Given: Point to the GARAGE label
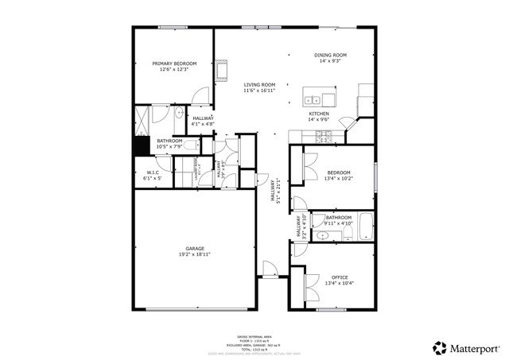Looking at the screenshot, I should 196,249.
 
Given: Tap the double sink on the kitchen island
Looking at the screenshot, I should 316,100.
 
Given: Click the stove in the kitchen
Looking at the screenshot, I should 325,137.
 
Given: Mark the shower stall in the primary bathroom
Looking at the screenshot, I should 142,119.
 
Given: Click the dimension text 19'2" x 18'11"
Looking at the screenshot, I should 196,255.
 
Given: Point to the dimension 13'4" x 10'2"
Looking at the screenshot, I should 338,179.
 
